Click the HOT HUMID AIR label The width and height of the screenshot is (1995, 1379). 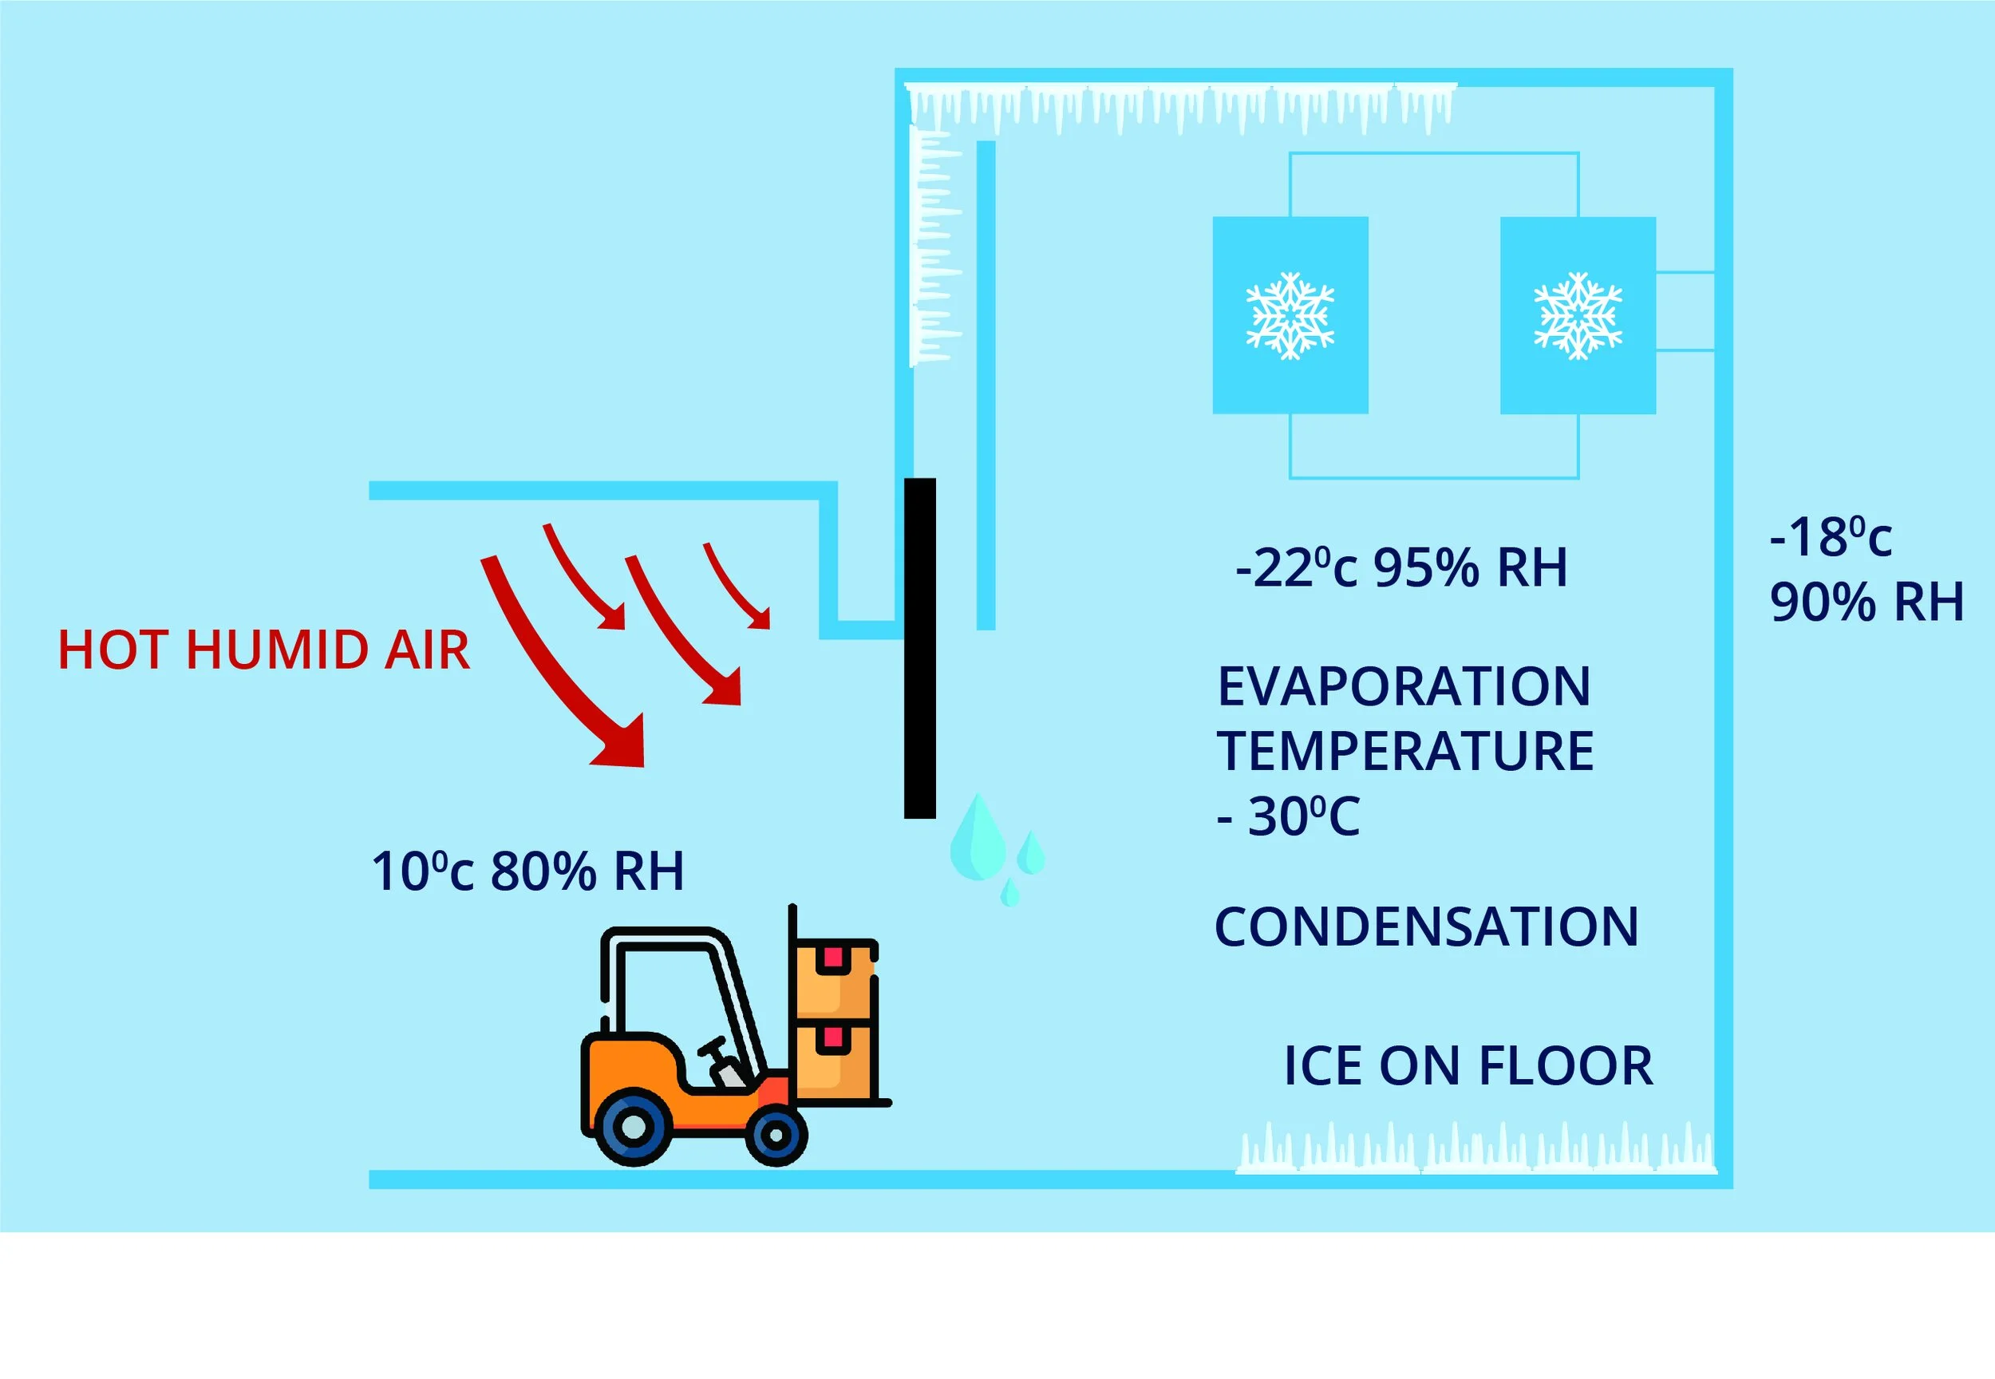[x=263, y=650]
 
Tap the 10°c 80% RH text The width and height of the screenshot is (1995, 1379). [x=527, y=871]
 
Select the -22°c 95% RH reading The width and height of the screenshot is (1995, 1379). [x=1400, y=568]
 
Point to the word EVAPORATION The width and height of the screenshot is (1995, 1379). [x=1403, y=687]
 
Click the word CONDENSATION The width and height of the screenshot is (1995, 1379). [x=1425, y=927]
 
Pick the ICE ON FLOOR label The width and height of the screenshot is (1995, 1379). [x=1467, y=1066]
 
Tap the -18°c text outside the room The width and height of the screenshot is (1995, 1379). [x=1830, y=537]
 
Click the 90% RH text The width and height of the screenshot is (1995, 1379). [x=1867, y=603]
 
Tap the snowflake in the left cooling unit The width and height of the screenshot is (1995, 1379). [x=1290, y=315]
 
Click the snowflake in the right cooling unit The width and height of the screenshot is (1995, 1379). [x=1578, y=315]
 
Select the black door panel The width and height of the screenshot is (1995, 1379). [x=919, y=648]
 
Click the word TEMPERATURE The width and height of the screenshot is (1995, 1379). [x=1405, y=751]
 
